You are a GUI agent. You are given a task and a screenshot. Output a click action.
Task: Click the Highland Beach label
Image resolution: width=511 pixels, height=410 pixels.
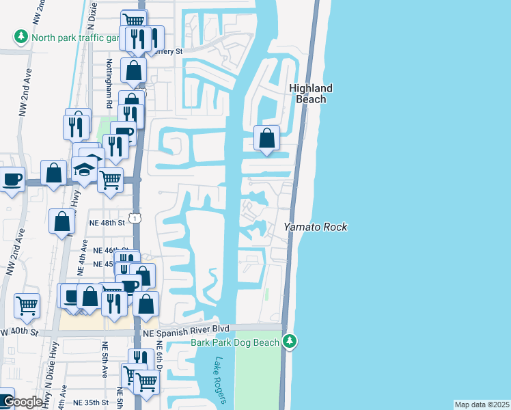click(310, 94)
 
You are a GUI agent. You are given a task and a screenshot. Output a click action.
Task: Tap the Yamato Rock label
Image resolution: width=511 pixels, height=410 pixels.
click(316, 227)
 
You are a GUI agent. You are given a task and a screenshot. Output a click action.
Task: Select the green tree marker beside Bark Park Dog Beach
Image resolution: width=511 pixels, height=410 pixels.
click(290, 340)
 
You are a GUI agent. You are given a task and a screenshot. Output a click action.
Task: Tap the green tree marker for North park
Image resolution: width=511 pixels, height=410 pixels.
click(22, 37)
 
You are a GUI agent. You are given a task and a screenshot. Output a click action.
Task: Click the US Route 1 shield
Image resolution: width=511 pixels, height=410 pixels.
click(137, 217)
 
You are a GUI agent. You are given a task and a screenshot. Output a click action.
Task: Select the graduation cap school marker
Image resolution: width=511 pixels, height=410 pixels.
click(85, 169)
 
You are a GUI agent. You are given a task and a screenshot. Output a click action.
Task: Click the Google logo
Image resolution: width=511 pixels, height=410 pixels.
click(22, 402)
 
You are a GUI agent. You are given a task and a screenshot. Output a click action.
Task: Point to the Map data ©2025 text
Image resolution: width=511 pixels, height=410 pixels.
click(482, 405)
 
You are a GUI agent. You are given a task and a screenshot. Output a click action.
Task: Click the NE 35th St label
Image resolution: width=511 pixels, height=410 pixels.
click(92, 402)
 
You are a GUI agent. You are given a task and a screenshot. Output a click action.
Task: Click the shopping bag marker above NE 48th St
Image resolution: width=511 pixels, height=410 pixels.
click(61, 221)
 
